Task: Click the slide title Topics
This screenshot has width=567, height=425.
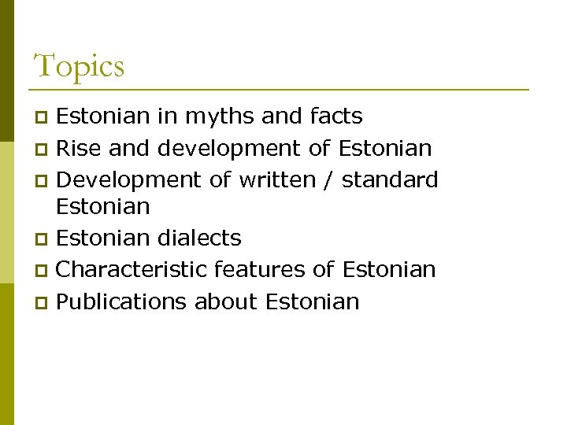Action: coord(79,66)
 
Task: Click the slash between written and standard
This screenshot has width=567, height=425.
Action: coord(328,179)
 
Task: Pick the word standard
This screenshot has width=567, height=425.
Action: coord(390,179)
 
